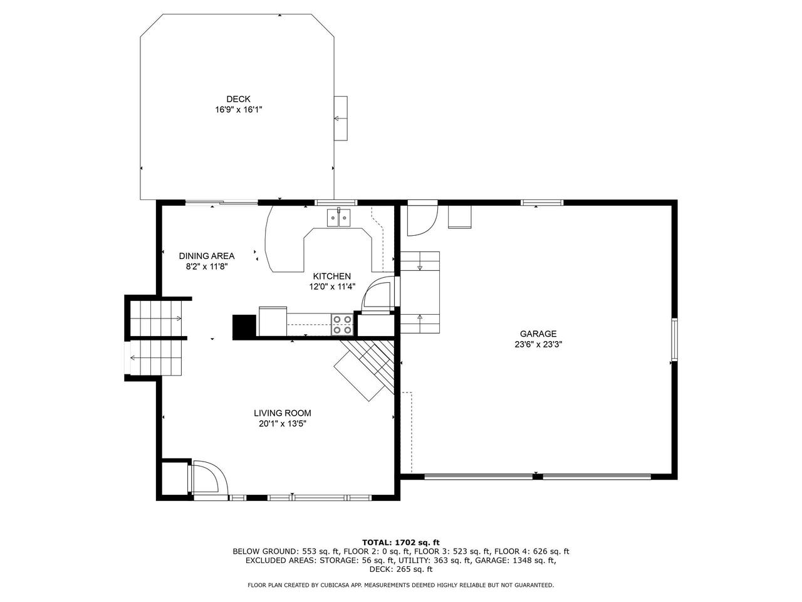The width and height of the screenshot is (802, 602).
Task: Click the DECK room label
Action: (238, 98)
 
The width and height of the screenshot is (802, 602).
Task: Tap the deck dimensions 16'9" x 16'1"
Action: (239, 109)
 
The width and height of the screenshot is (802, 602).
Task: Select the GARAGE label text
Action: (538, 334)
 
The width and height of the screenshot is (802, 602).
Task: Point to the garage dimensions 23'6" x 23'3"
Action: (538, 344)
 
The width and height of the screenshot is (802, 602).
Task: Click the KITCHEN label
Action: (331, 277)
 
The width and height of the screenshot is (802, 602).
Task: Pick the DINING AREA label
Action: (207, 256)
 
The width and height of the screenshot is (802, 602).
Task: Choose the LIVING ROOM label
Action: (283, 413)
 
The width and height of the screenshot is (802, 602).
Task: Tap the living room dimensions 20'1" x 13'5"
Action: (283, 424)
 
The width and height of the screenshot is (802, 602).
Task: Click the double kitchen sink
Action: (339, 218)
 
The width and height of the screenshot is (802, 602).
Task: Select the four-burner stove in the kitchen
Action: (342, 325)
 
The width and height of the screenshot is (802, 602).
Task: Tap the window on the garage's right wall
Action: (674, 340)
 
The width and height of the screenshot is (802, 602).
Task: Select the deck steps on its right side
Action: (340, 118)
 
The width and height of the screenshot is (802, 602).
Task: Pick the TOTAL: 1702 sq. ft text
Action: (401, 542)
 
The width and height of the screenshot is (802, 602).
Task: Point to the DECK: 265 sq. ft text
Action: (401, 569)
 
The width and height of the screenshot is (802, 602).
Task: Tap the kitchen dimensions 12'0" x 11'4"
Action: (331, 287)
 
